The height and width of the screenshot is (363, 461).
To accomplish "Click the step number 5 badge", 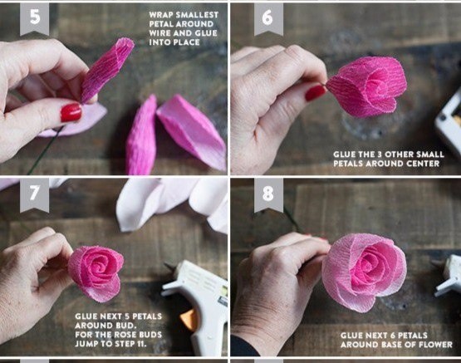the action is point(34,19).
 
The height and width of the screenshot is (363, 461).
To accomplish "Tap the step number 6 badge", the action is point(268,19).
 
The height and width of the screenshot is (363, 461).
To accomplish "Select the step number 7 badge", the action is point(34,194).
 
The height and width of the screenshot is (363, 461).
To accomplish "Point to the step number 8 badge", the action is point(268,194).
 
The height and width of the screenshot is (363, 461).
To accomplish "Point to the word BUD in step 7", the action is point(128,326).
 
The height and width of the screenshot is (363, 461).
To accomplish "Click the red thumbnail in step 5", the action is point(71,113).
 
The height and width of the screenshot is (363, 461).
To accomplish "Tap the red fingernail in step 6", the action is point(315,92).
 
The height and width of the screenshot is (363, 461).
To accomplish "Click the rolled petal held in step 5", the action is point(106,70).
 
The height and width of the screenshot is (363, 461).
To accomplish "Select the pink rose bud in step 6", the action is point(366,86).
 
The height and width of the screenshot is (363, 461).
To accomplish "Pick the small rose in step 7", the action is point(96,273).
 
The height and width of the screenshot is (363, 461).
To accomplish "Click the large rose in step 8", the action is point(364,272).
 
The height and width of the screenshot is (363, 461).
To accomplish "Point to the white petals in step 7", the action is point(172,203).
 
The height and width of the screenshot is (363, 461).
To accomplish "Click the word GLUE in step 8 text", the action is point(351,336).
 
